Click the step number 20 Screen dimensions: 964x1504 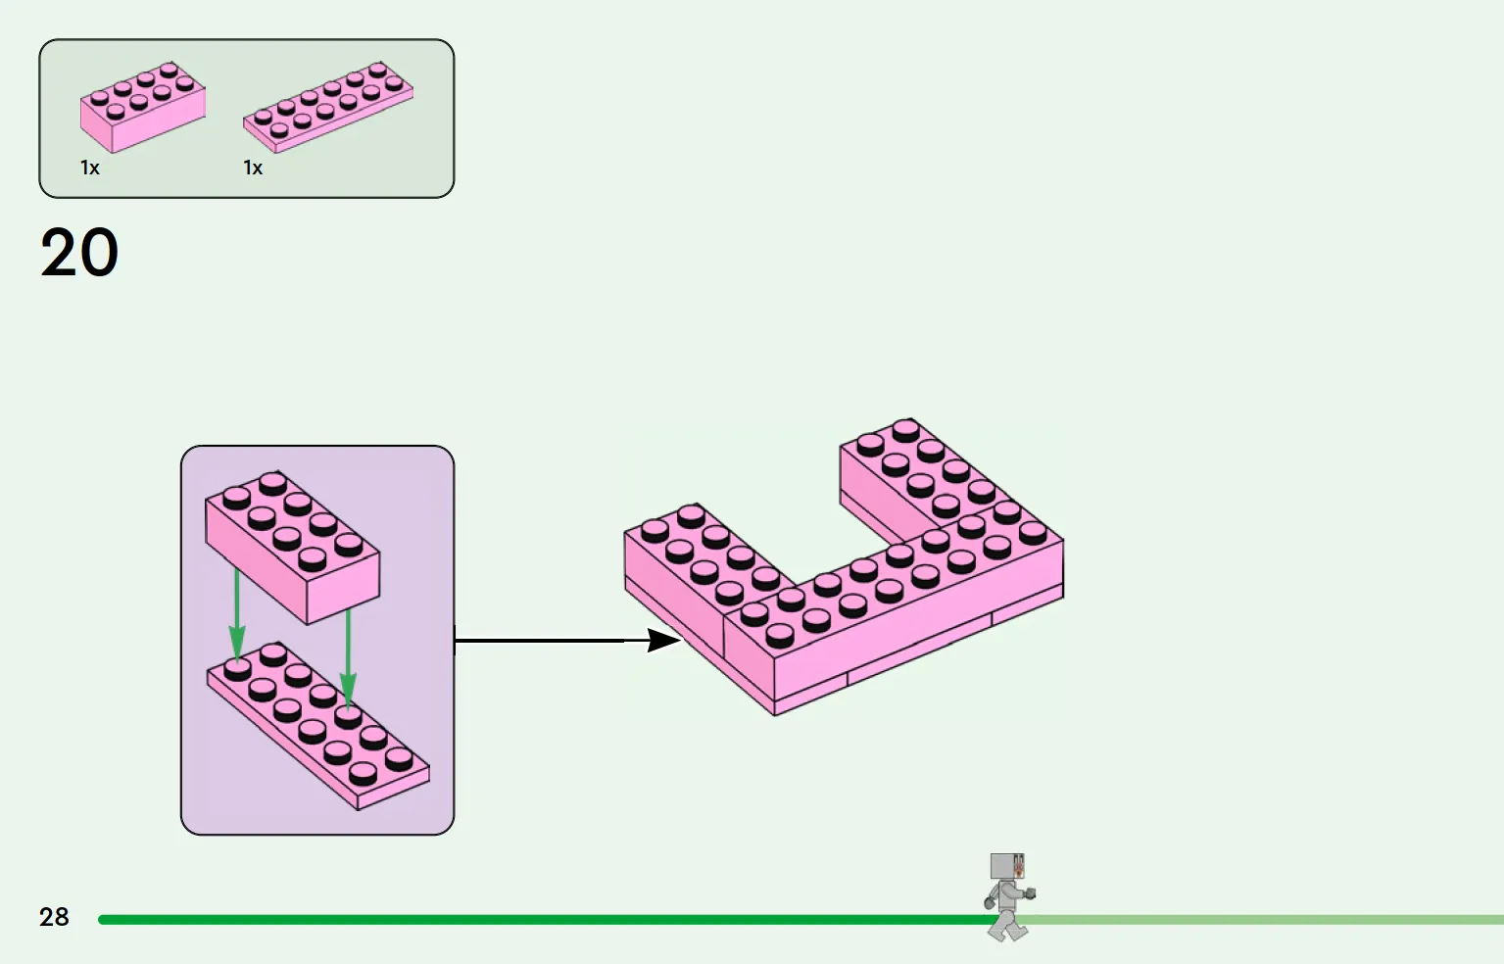(79, 253)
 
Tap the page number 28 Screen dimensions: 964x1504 (54, 917)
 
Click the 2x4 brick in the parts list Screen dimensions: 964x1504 (143, 107)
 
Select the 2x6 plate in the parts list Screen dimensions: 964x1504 (328, 107)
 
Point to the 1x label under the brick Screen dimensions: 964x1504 (90, 169)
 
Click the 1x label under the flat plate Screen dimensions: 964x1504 (253, 169)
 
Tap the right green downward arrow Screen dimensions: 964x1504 (348, 656)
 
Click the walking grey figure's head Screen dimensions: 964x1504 (1008, 867)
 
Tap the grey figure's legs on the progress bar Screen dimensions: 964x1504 (1006, 923)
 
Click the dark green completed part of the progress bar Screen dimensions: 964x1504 (539, 920)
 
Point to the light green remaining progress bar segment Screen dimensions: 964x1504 (1274, 920)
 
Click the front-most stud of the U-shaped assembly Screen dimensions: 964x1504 (780, 634)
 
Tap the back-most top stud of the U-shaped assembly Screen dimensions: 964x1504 (905, 428)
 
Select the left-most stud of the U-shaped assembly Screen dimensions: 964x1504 (655, 530)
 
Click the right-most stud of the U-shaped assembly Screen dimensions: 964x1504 (1033, 531)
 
